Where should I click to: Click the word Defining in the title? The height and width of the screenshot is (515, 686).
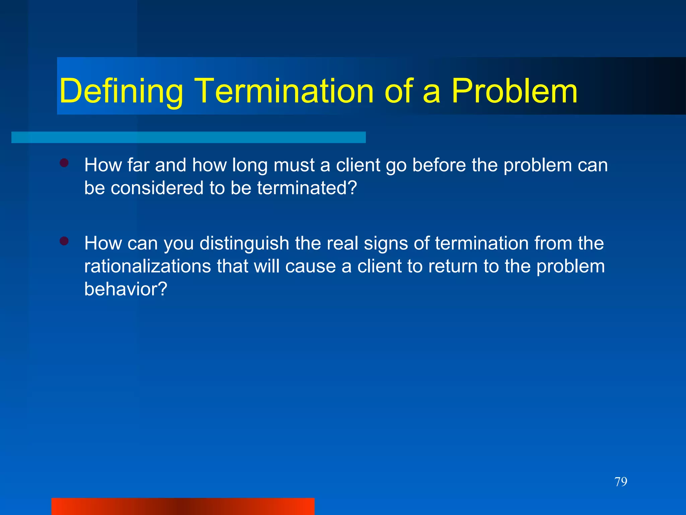point(121,91)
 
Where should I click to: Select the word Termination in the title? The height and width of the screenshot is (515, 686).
point(284,91)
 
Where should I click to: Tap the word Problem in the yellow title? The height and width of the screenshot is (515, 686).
point(514,91)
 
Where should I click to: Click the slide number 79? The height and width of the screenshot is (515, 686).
point(621,482)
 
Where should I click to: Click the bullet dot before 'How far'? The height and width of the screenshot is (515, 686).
point(64,163)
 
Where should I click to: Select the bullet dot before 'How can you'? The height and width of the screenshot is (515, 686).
point(64,241)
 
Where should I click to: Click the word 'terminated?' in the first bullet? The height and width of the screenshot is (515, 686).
point(307,188)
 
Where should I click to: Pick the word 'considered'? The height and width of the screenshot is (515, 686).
point(157,188)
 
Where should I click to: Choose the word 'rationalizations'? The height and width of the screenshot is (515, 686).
point(147,266)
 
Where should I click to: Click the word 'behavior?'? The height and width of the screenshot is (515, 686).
point(126,289)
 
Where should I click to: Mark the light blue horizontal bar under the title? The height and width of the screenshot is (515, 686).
point(188,137)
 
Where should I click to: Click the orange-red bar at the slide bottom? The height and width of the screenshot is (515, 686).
point(183,506)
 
